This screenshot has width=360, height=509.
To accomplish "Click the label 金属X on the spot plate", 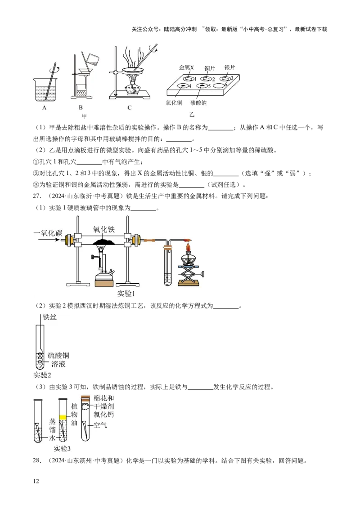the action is click(x=186, y=67).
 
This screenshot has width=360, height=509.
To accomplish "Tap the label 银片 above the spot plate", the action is click(x=229, y=67).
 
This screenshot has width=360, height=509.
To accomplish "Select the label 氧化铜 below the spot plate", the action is click(x=174, y=103).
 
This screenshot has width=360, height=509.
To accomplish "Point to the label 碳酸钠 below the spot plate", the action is click(x=198, y=103).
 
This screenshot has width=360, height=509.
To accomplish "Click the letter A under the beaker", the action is click(x=45, y=108).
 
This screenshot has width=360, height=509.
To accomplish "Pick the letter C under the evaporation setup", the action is click(x=129, y=108).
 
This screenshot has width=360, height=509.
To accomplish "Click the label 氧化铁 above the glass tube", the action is click(x=104, y=229).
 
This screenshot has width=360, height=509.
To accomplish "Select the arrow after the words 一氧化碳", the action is click(x=49, y=240).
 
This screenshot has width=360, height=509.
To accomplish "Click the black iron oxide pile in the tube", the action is click(x=103, y=241).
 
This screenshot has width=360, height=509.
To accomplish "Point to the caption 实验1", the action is click(x=126, y=294).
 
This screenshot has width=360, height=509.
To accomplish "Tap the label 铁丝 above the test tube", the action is click(x=49, y=317).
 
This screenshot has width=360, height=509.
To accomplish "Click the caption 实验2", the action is click(x=42, y=375).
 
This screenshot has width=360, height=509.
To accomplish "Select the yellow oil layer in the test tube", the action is click(x=63, y=417).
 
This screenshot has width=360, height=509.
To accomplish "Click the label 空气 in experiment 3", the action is click(x=100, y=425).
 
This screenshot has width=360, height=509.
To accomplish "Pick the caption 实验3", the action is click(x=62, y=449).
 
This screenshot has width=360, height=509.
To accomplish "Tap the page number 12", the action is click(x=36, y=481).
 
